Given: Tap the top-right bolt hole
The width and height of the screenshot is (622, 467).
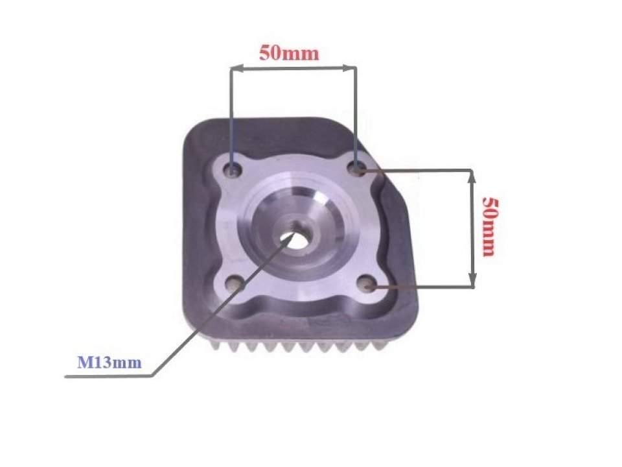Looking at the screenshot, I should click(356, 169).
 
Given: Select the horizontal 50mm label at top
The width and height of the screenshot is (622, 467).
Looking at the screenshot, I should click(289, 53).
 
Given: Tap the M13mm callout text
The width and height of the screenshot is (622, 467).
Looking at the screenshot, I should click(109, 363).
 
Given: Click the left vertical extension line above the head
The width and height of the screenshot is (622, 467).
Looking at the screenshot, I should click(230, 110).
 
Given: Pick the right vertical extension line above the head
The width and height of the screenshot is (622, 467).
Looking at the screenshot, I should click(355, 110).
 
